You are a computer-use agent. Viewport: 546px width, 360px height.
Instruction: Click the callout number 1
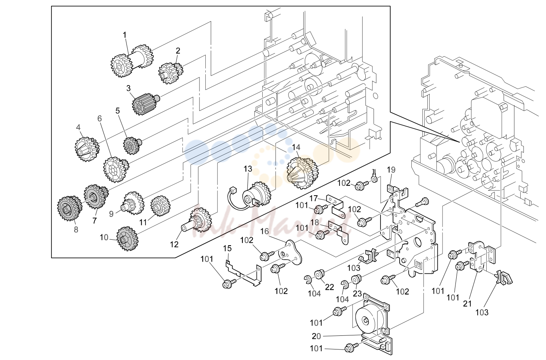click(124, 36)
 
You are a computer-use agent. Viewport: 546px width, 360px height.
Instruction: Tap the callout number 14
click(296, 147)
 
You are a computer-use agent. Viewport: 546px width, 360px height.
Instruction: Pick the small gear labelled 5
click(132, 145)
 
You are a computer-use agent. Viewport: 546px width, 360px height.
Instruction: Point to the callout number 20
click(317, 336)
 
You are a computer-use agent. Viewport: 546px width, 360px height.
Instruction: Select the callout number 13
click(248, 169)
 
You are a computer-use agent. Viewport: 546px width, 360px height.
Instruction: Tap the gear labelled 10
click(127, 239)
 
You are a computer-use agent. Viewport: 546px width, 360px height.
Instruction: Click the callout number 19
click(391, 170)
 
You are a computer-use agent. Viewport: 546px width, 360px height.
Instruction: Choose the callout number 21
click(467, 304)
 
